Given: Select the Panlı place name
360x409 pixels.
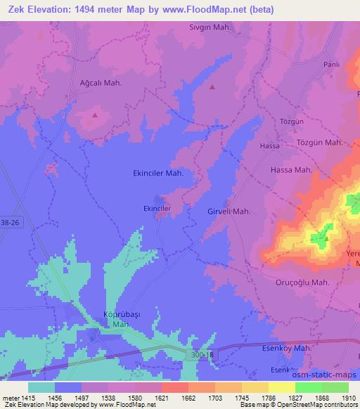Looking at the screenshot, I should [331, 64].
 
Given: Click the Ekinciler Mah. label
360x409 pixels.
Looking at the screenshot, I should [158, 172].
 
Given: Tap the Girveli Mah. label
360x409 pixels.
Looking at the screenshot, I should [229, 212].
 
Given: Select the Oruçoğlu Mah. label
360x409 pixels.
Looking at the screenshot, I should [302, 283].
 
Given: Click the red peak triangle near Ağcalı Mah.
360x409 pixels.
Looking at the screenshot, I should [95, 114].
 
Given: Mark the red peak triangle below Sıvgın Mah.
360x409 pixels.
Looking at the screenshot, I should [212, 87].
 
